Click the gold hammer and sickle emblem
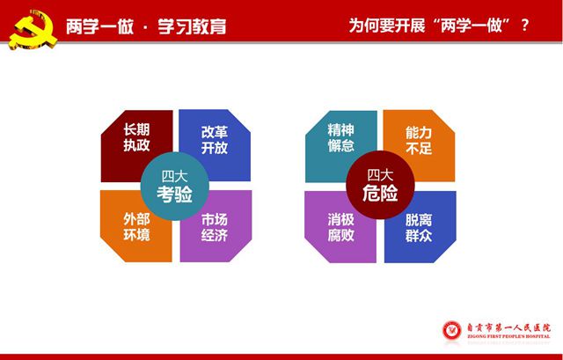pos(33,30)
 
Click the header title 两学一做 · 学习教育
pos(146,26)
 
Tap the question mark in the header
pos(524,26)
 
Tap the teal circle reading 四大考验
pos(175,186)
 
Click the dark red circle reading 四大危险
pos(380,185)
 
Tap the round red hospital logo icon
pos(451,331)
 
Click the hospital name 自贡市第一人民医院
pos(508,327)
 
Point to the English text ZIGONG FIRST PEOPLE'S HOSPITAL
pos(508,336)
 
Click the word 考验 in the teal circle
pos(175,194)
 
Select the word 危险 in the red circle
pos(380,193)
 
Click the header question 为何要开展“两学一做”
pos(430,26)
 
